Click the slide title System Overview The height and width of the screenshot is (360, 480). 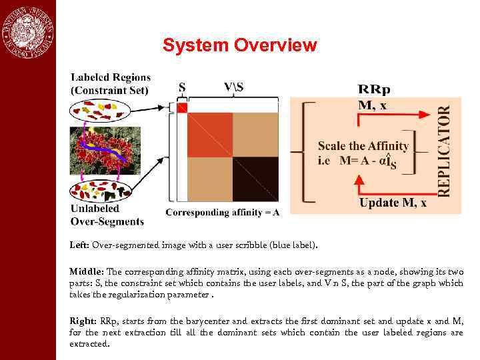[x=240, y=45]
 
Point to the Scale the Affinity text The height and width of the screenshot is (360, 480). [x=363, y=146]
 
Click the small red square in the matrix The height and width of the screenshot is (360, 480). [x=183, y=107]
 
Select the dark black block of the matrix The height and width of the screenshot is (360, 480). [x=255, y=179]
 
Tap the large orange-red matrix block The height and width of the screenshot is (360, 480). [x=210, y=135]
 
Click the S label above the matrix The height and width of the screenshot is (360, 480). [x=183, y=87]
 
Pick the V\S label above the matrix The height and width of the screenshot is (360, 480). [x=234, y=87]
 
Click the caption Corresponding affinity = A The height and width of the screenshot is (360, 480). [x=222, y=212]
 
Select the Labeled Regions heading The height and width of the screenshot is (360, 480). [x=110, y=84]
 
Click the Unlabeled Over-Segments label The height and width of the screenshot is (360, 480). [x=107, y=215]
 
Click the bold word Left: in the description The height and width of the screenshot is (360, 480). [x=80, y=245]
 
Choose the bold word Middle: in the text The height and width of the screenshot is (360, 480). [x=86, y=272]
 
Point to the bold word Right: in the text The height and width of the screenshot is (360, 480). [x=83, y=321]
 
